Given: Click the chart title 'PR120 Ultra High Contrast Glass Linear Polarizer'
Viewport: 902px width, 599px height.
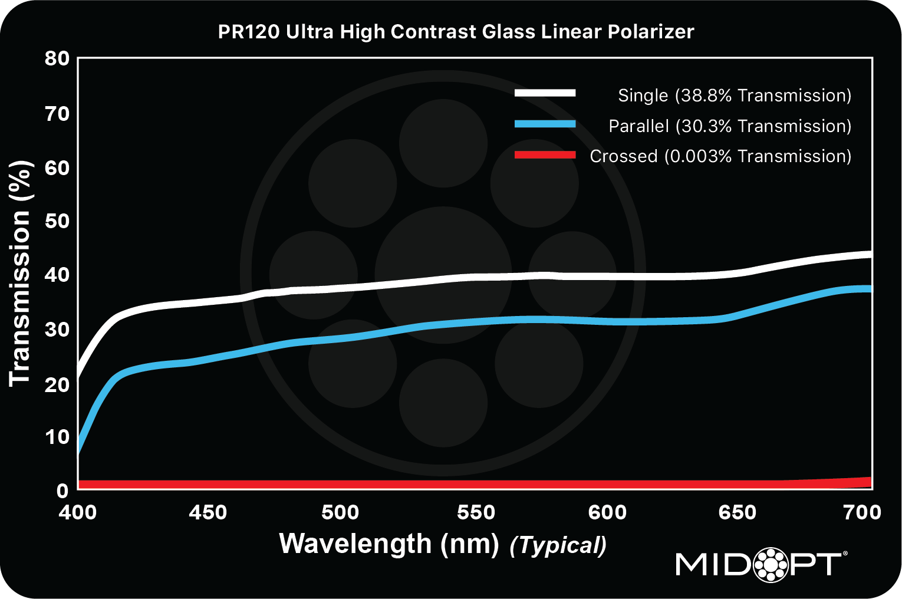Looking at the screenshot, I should coord(456,31).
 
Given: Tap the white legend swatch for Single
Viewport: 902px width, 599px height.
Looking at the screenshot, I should coord(545,93).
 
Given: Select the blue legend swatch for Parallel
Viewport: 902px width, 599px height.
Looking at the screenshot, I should coord(545,124).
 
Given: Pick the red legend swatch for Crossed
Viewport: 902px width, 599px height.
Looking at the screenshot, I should coord(545,155).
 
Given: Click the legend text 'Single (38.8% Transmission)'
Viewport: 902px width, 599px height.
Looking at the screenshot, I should coord(734,96).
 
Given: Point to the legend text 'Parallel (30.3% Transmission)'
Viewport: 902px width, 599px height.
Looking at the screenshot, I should coord(729,126).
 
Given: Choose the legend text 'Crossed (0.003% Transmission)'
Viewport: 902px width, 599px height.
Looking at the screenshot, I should coord(720,156).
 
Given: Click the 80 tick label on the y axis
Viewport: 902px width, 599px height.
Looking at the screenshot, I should coord(57,58).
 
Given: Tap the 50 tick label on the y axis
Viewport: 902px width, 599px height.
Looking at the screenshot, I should coord(57,221).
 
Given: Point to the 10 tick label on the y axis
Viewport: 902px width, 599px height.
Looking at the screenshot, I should coord(57,437).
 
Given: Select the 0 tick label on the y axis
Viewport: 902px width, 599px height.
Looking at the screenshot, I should coord(62,491).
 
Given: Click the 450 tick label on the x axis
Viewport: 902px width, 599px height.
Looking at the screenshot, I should coord(208,512).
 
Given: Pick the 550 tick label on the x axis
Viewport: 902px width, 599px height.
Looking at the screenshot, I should coord(476,512).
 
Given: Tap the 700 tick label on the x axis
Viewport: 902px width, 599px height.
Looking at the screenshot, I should coord(862,512).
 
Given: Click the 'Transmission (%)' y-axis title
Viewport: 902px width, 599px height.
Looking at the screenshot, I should coord(20,273).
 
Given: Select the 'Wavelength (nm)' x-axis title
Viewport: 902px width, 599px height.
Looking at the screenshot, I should coord(389,544).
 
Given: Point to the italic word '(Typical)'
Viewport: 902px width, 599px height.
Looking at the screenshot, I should coord(558,545).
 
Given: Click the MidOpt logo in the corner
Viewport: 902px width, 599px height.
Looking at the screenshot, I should coord(761,564).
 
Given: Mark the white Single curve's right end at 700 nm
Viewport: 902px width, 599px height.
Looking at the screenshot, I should coord(870,254).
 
